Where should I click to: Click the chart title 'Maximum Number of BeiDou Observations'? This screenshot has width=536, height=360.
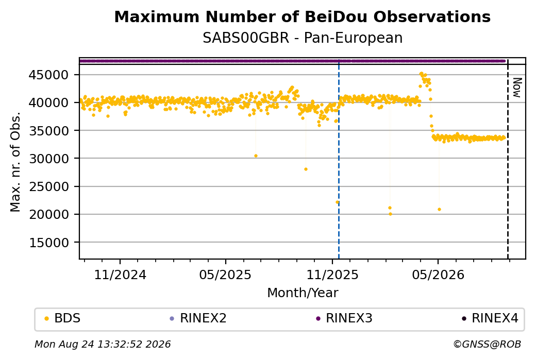tap(302, 16)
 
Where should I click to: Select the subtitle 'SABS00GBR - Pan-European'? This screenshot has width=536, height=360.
tap(303, 38)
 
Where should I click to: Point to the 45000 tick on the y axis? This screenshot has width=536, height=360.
tap(48, 75)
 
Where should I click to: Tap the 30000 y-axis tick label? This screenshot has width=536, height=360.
tap(48, 159)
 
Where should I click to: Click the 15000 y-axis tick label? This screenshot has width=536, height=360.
tap(48, 243)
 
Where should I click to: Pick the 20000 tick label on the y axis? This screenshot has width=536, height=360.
tap(48, 214)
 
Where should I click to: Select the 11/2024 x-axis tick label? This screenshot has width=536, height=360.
tap(120, 275)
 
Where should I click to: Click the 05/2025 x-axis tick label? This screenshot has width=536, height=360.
tap(225, 275)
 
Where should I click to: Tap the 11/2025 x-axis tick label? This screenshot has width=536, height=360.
tap(332, 275)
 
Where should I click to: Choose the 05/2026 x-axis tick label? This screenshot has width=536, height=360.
tap(438, 275)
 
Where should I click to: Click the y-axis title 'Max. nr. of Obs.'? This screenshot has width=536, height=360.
tap(15, 162)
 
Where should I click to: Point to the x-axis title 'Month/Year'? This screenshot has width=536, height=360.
tap(303, 293)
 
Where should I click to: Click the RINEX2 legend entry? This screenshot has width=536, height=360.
tap(198, 318)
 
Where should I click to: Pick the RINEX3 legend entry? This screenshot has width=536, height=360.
tap(344, 318)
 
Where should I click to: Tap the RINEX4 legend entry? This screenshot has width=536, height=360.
tap(490, 318)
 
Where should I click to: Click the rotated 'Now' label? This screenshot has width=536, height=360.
tap(517, 88)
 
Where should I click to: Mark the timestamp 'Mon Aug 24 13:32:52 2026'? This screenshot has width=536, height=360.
tap(103, 344)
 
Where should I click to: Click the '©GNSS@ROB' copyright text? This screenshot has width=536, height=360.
tap(487, 344)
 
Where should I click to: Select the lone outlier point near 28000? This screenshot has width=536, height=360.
tap(306, 169)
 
